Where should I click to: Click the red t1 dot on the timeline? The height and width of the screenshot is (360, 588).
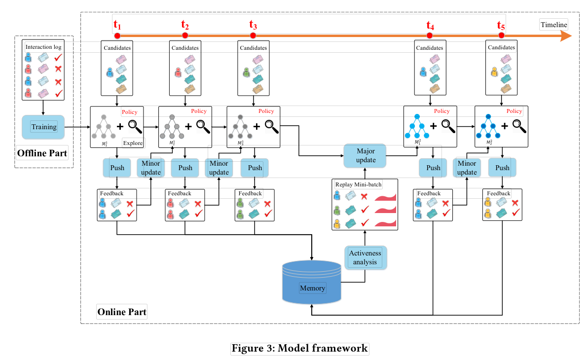[117, 36]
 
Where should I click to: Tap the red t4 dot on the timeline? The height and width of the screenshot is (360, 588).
[429, 36]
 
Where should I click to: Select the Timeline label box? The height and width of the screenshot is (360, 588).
[553, 25]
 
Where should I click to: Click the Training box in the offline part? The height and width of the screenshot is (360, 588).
[43, 127]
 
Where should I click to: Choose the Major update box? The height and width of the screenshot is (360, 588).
[365, 155]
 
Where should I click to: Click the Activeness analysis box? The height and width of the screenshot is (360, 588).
[365, 257]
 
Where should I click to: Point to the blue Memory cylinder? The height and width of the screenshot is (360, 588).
[312, 282]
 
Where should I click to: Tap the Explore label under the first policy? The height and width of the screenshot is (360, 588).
[133, 143]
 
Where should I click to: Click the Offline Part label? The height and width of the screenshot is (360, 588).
[42, 153]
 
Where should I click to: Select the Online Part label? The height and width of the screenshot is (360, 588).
[122, 312]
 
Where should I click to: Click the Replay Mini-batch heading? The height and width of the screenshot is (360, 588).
[358, 184]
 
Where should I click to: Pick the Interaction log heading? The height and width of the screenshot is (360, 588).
[43, 47]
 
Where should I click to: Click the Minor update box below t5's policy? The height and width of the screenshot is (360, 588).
[467, 168]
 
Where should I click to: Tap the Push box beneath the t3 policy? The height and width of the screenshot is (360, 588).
[255, 168]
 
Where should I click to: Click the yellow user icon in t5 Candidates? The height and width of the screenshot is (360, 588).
[494, 72]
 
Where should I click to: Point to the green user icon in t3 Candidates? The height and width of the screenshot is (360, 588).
[246, 72]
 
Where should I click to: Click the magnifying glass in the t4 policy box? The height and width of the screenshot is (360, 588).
[448, 126]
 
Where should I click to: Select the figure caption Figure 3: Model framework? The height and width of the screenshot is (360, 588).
[299, 348]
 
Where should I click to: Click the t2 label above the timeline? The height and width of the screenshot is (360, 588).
[185, 25]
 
